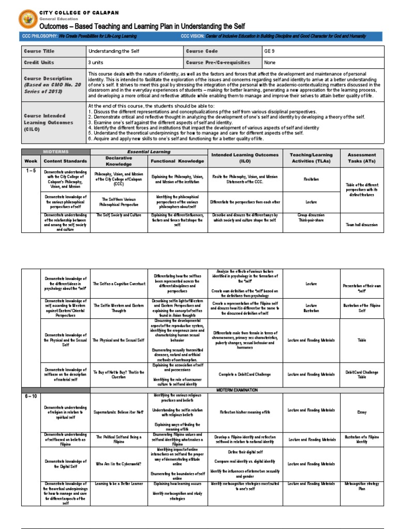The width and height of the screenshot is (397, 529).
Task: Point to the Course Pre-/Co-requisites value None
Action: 270,63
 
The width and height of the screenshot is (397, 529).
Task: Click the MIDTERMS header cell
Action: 56,151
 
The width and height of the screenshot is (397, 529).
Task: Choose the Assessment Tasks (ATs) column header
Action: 362,158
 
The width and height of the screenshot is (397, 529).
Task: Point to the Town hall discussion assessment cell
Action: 362,225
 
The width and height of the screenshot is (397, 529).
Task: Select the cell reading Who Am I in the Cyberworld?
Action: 118,463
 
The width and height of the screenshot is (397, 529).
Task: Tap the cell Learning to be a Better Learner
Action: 119,484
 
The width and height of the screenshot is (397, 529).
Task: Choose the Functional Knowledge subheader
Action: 177,161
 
